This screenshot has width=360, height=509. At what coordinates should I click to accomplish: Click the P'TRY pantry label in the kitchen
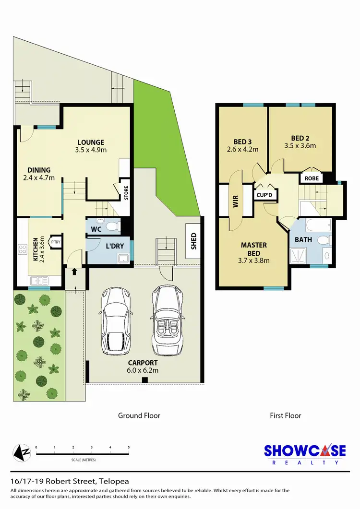(55, 242)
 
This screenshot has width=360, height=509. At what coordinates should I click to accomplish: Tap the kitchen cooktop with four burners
(23, 249)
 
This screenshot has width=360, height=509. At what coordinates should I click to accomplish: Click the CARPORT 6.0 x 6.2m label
(144, 367)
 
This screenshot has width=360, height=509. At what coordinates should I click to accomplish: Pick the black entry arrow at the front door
(74, 272)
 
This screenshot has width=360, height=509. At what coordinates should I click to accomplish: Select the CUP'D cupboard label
(264, 195)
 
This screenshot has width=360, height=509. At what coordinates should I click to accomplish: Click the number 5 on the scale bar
(129, 447)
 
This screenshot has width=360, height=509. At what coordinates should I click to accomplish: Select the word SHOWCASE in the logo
(305, 451)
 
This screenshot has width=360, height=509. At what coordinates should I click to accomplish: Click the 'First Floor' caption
(285, 415)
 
